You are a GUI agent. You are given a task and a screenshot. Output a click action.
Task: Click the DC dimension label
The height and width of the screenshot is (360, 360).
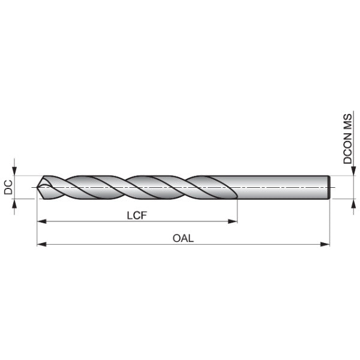coord(8,187)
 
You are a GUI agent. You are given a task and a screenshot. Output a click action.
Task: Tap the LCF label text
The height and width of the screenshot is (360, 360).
coord(137,215)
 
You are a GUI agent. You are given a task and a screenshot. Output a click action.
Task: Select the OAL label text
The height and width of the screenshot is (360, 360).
coord(183,238)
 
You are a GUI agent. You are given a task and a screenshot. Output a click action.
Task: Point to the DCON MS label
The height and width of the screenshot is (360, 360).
coord(347,139)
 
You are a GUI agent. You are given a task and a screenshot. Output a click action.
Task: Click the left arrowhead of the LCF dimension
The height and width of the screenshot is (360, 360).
coord(41,221)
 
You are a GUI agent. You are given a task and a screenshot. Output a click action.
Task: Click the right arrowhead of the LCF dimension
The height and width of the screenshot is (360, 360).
coord(233,221)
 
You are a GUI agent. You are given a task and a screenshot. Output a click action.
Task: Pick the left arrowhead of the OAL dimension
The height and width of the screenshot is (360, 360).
coord(41,244)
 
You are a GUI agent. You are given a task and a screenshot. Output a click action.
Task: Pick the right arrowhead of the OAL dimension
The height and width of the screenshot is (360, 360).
coord(325,244)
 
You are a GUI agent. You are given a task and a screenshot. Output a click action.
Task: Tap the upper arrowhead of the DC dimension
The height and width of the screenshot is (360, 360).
coord(14,171)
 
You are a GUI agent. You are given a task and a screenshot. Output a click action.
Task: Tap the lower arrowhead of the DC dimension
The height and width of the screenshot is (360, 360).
coord(14,203)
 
